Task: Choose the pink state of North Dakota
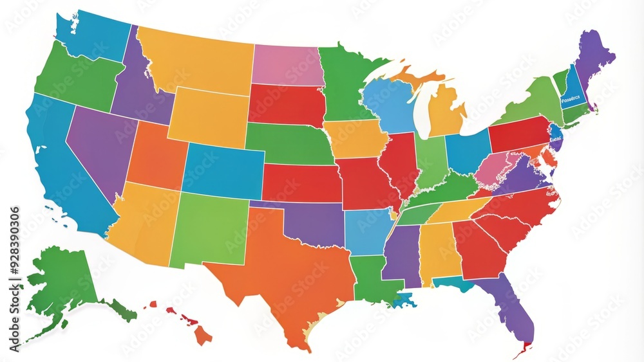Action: [287, 65]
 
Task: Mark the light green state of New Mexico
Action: [209, 228]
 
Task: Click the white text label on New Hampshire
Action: [571, 98]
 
